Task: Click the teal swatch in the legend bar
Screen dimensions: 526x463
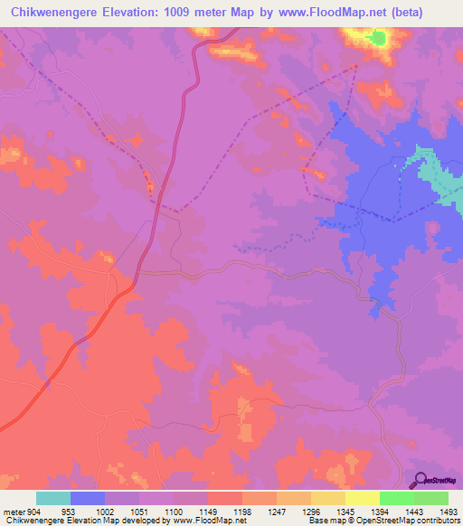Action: click(x=53, y=498)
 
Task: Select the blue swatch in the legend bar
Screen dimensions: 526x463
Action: click(x=88, y=498)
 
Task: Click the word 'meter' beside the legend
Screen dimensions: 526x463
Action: click(x=14, y=512)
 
